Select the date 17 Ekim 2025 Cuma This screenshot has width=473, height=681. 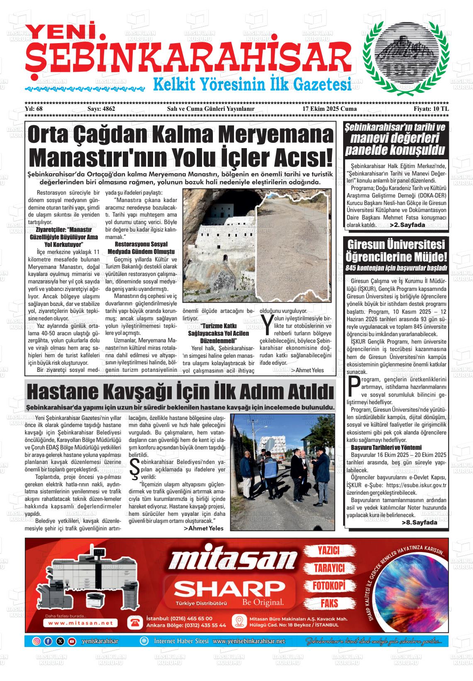pos(329,120)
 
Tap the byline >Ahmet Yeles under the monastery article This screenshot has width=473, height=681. pos(307,370)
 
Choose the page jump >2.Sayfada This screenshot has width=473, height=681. pos(407,225)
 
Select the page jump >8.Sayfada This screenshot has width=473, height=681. pos(419,522)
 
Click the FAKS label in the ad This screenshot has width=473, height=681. pos(329,603)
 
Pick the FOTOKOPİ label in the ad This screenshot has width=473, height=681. pos(329,586)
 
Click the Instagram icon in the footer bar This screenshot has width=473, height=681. pos(37,641)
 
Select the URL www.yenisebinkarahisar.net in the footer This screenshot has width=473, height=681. pos(249,641)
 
